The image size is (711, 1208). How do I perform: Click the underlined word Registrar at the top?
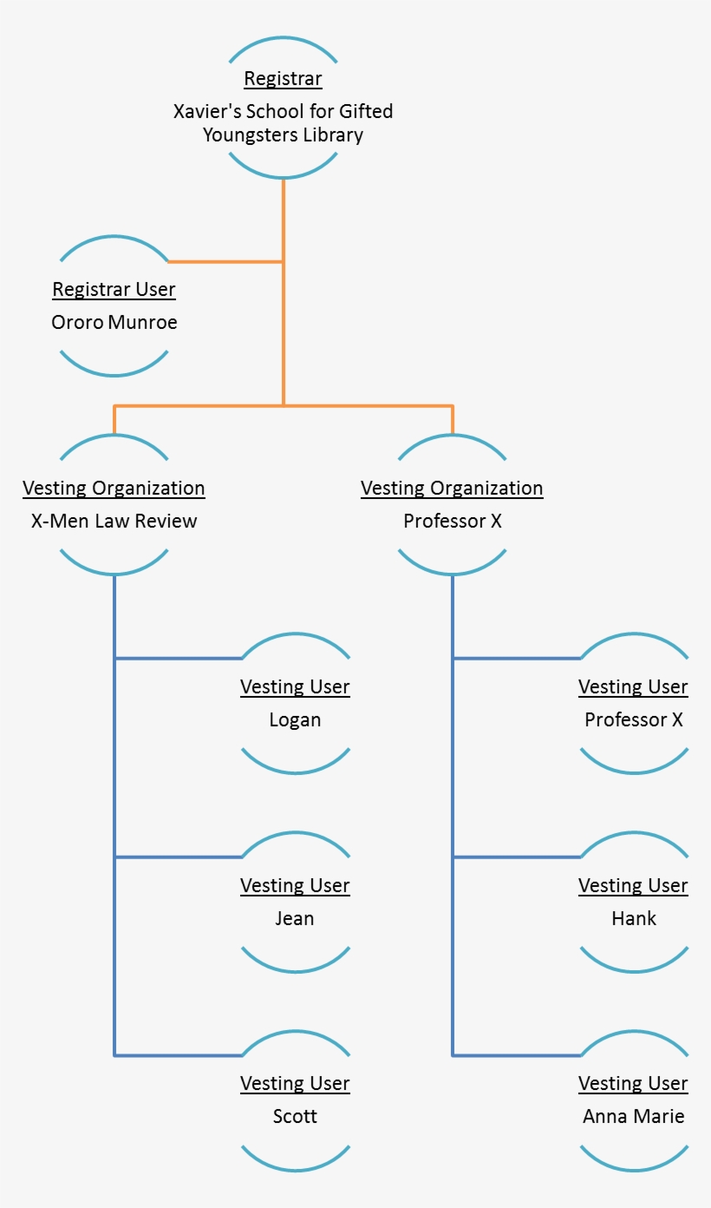283,79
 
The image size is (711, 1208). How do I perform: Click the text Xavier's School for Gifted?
283,111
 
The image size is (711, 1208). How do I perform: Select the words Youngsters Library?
283,135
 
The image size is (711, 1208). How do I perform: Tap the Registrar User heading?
114,289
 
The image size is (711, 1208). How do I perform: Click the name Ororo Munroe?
114,322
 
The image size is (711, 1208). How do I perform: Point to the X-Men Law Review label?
114,521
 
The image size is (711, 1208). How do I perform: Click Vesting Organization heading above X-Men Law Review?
114,488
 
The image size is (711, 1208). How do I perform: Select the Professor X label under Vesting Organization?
452,521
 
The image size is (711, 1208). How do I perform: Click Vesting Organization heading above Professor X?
452,488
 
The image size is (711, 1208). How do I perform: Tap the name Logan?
295,719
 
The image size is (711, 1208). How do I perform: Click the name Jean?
295,918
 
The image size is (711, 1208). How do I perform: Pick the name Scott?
295,1116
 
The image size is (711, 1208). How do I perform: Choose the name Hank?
633,918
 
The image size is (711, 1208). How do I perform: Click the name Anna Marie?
633,1116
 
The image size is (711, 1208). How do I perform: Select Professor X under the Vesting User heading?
633,719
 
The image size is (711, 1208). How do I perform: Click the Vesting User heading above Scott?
295,1083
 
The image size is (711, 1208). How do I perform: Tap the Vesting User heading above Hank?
633,885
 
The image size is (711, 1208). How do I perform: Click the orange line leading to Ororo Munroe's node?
225,261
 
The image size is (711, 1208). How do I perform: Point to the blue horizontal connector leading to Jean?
178,857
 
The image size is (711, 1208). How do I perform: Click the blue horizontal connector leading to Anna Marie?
516,1055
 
